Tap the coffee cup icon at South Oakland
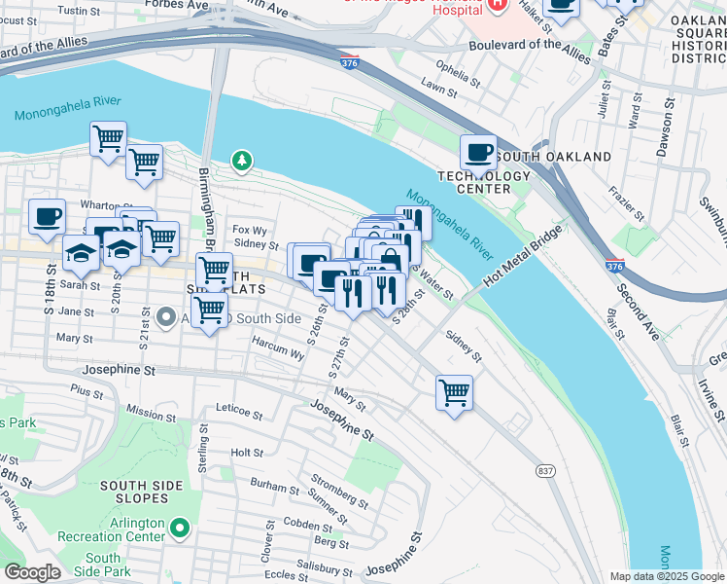478,153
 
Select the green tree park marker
240,160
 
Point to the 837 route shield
546,470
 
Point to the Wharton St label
98,205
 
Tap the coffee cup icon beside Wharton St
47,217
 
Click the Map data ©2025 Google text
666,576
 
